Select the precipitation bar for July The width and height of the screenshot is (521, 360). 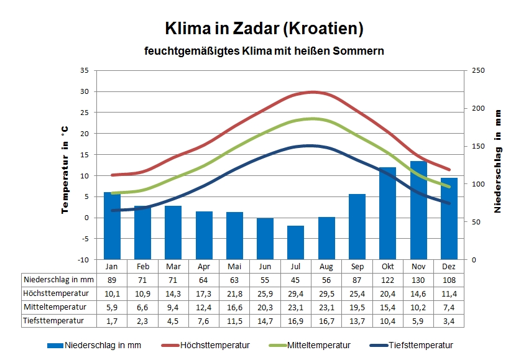(x=296, y=242)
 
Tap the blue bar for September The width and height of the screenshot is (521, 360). (x=357, y=226)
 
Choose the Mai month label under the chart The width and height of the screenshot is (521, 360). (x=234, y=265)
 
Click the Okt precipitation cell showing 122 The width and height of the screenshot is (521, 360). (x=387, y=280)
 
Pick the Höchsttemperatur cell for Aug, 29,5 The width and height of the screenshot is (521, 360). (x=326, y=293)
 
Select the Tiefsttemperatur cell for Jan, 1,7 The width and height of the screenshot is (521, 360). (x=112, y=321)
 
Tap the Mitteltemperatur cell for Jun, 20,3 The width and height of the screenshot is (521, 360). (x=265, y=307)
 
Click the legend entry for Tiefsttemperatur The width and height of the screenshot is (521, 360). (x=420, y=346)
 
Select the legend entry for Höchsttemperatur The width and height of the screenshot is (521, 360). (x=214, y=346)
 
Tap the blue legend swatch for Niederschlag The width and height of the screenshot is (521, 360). (x=55, y=346)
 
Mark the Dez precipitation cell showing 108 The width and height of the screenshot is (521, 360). (x=448, y=280)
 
